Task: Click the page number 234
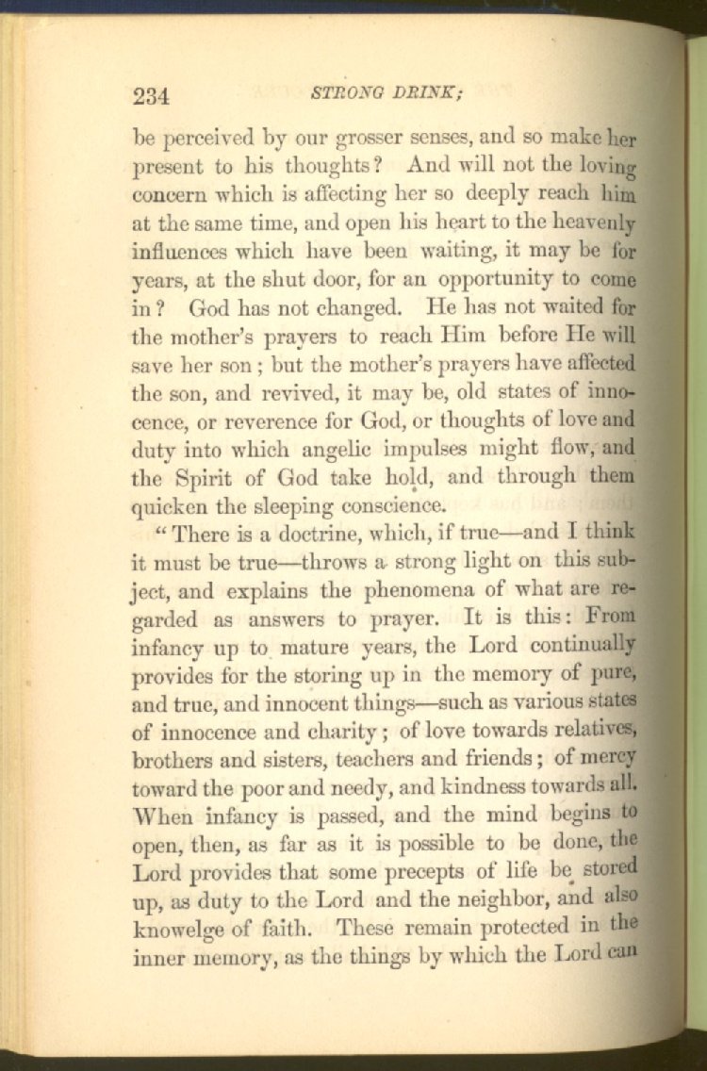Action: tap(151, 96)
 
